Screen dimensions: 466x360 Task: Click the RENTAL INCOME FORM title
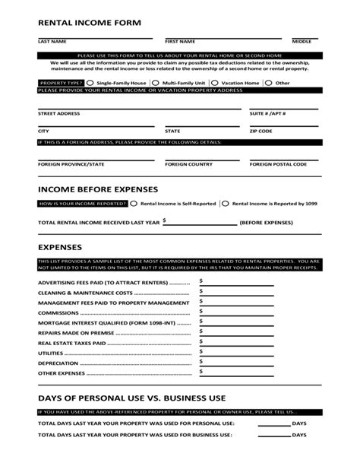pyautogui.click(x=90, y=23)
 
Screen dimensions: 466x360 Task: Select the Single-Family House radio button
pyautogui.click(x=90, y=82)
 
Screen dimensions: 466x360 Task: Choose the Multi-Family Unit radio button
pyautogui.click(x=156, y=82)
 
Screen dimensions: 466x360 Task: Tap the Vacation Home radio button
pyautogui.click(x=217, y=82)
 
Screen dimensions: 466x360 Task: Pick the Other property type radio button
pyautogui.click(x=270, y=82)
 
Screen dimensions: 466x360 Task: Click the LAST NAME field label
pyautogui.click(x=52, y=41)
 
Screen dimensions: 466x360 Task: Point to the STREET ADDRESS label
pyautogui.click(x=58, y=113)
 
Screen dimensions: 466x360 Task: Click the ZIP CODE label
pyautogui.click(x=261, y=131)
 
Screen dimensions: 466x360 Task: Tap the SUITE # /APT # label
pyautogui.click(x=268, y=113)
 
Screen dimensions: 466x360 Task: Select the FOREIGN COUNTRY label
pyautogui.click(x=189, y=163)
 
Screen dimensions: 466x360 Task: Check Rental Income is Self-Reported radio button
pyautogui.click(x=134, y=204)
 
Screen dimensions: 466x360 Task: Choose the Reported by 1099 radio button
pyautogui.click(x=226, y=204)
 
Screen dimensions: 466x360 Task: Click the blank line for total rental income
pyautogui.click(x=202, y=223)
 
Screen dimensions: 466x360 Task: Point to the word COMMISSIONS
pyautogui.click(x=58, y=312)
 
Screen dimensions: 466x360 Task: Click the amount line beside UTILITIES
pyautogui.click(x=228, y=353)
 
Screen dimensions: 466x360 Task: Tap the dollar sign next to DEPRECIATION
pyautogui.click(x=201, y=362)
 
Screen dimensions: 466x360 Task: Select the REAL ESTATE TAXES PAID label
pyautogui.click(x=71, y=343)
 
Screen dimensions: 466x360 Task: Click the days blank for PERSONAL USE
pyautogui.click(x=274, y=423)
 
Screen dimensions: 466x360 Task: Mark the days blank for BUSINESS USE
pyautogui.click(x=274, y=435)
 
